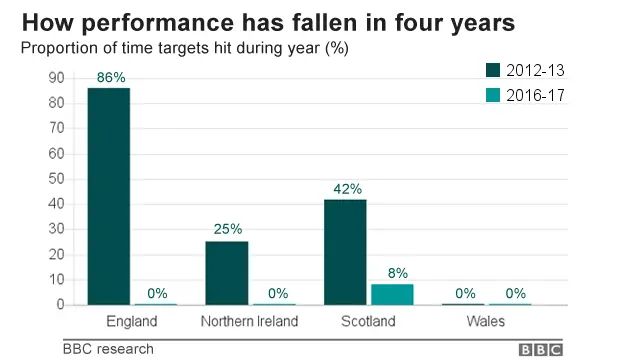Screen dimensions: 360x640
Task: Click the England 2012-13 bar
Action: click(108, 196)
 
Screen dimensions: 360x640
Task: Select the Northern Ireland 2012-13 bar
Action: click(226, 272)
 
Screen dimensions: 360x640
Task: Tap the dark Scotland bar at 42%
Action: click(344, 251)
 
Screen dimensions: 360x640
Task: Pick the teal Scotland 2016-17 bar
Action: click(392, 294)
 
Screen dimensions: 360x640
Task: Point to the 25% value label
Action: click(227, 229)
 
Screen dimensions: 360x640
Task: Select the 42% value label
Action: click(345, 188)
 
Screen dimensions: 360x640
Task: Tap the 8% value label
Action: click(397, 272)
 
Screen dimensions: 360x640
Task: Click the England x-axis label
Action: click(131, 321)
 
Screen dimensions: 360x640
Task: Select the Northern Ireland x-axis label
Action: click(250, 321)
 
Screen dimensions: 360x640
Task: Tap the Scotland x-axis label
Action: click(367, 321)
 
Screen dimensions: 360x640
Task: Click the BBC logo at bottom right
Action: click(542, 349)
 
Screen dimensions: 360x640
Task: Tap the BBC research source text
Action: click(108, 349)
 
